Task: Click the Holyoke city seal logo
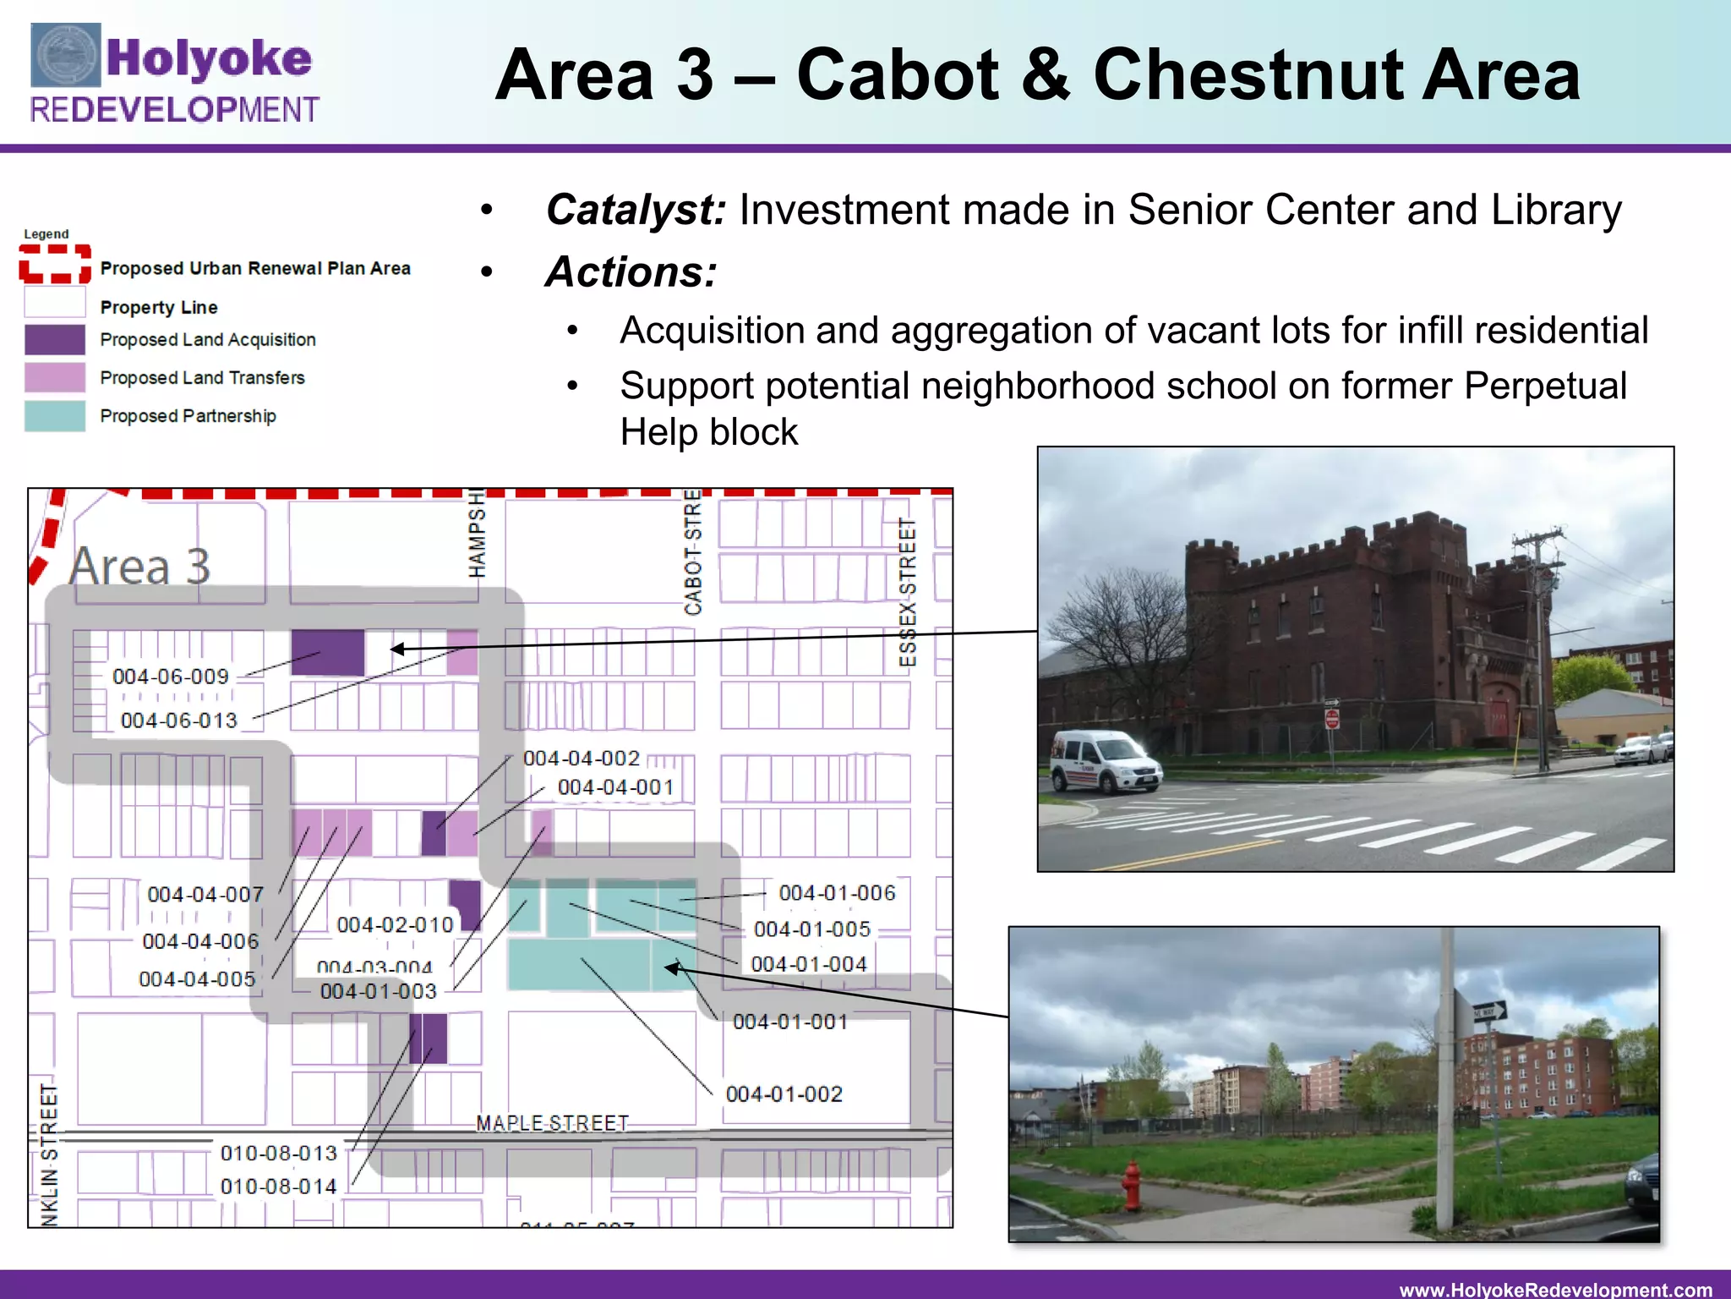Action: click(x=65, y=56)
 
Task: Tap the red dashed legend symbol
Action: click(x=55, y=264)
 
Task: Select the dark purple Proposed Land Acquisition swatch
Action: click(x=55, y=340)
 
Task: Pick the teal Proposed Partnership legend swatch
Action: click(x=55, y=416)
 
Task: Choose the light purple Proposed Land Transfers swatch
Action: click(x=55, y=378)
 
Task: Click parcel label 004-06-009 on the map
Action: click(x=171, y=677)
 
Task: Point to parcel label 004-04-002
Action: click(x=582, y=759)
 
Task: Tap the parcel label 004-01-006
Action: click(x=837, y=893)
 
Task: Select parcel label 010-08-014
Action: click(x=279, y=1187)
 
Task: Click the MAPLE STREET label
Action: click(x=553, y=1123)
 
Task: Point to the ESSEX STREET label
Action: click(x=907, y=592)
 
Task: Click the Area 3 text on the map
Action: click(x=140, y=566)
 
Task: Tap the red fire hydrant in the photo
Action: click(x=1131, y=1186)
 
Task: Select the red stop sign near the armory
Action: click(x=1332, y=719)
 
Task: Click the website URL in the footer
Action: click(x=1555, y=1289)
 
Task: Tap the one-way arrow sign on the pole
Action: click(x=1489, y=1011)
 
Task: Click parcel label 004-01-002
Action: click(x=784, y=1094)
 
